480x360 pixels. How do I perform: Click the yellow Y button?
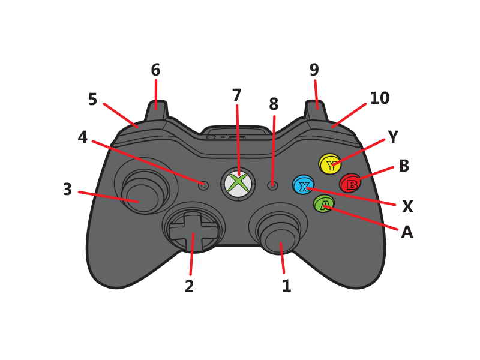click(x=329, y=163)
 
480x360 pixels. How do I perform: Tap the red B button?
click(x=350, y=183)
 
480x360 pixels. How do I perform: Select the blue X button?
click(x=303, y=185)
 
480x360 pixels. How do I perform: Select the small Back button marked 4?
click(x=203, y=185)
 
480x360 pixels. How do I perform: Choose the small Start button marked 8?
click(x=272, y=185)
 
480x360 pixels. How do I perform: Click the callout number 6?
click(x=155, y=70)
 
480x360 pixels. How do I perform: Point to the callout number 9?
click(x=314, y=70)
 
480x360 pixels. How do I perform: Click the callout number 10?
click(x=380, y=98)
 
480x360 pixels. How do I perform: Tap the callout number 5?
click(x=93, y=99)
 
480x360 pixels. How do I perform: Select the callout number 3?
click(x=67, y=189)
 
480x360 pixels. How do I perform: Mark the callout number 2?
click(x=189, y=286)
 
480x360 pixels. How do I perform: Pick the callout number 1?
click(x=287, y=286)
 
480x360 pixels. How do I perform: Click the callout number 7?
click(x=236, y=95)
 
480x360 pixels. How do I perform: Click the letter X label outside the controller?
click(x=407, y=206)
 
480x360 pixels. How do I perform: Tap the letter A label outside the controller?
click(x=407, y=232)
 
